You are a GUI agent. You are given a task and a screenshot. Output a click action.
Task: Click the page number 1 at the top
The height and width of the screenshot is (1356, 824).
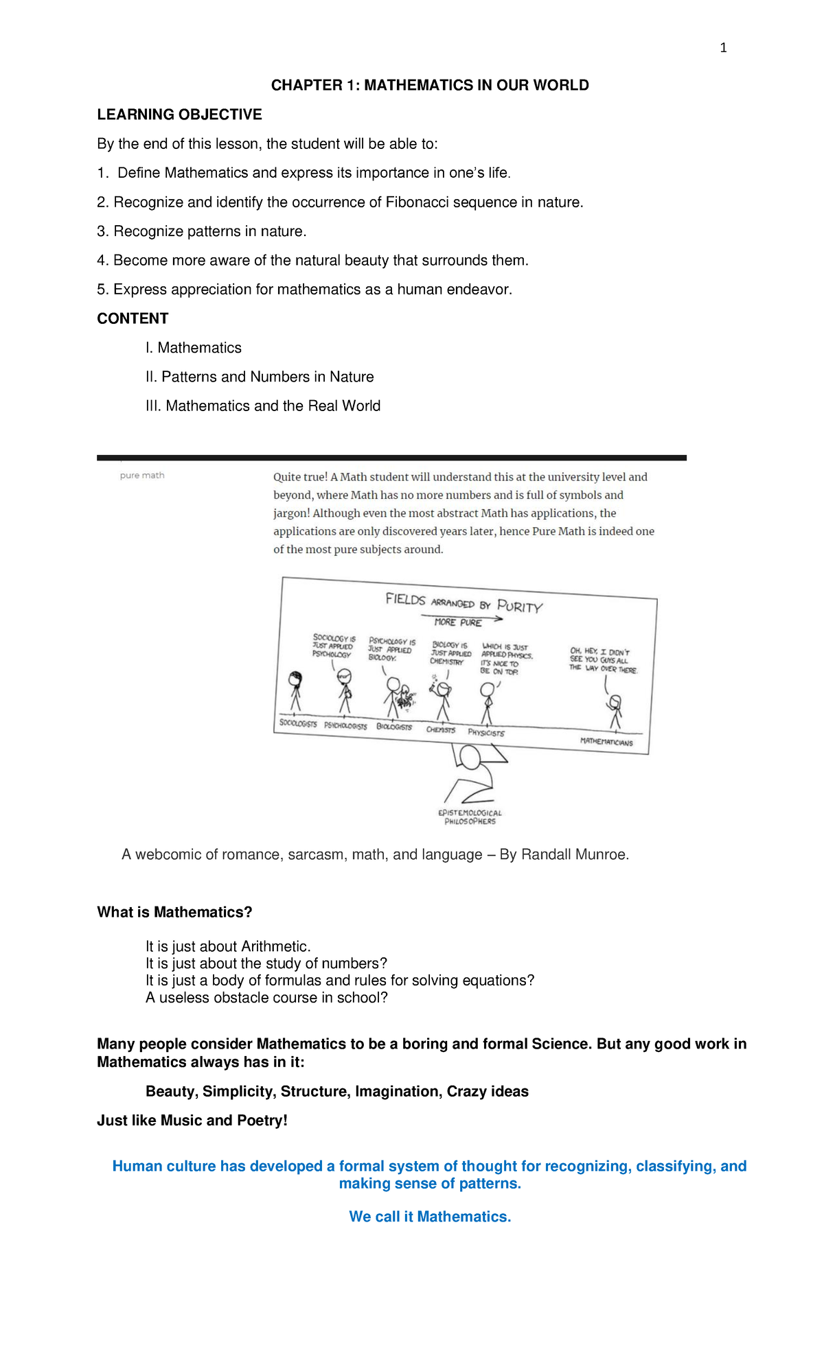(723, 48)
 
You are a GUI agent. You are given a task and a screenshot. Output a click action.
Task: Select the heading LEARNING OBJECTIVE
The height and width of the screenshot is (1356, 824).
(179, 115)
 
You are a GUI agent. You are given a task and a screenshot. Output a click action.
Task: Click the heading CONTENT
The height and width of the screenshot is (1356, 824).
(133, 318)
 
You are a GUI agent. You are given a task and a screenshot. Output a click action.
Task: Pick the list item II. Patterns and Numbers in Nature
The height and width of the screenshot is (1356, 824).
(260, 377)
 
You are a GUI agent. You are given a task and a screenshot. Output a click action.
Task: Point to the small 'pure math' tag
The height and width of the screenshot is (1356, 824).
(142, 476)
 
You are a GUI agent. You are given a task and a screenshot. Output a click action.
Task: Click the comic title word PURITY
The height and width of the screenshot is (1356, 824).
(520, 607)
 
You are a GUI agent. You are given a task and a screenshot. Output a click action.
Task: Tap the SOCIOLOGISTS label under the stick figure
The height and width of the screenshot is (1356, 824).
(298, 724)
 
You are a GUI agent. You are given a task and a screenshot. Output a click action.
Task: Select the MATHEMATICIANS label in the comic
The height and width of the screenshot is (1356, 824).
(606, 742)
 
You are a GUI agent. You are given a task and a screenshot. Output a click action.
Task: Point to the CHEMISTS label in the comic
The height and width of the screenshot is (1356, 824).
(440, 730)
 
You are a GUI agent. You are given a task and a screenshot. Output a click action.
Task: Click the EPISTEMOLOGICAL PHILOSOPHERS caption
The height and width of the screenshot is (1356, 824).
(470, 817)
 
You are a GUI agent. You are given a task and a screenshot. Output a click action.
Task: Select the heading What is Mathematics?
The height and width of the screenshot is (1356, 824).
(174, 913)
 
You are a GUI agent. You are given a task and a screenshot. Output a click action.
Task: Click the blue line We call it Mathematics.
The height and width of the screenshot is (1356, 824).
(430, 1217)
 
